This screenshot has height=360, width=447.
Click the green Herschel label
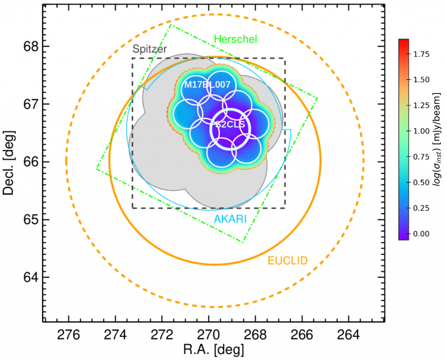tap(236, 39)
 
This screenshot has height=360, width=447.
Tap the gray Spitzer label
tap(149, 50)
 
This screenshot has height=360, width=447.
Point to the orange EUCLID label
tap(288, 261)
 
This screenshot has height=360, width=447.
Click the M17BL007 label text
tap(207, 85)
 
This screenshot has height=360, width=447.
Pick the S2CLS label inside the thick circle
tap(230, 125)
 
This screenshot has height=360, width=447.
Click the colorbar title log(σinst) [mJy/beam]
tap(437, 140)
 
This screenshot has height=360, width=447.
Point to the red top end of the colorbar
tap(403, 41)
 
